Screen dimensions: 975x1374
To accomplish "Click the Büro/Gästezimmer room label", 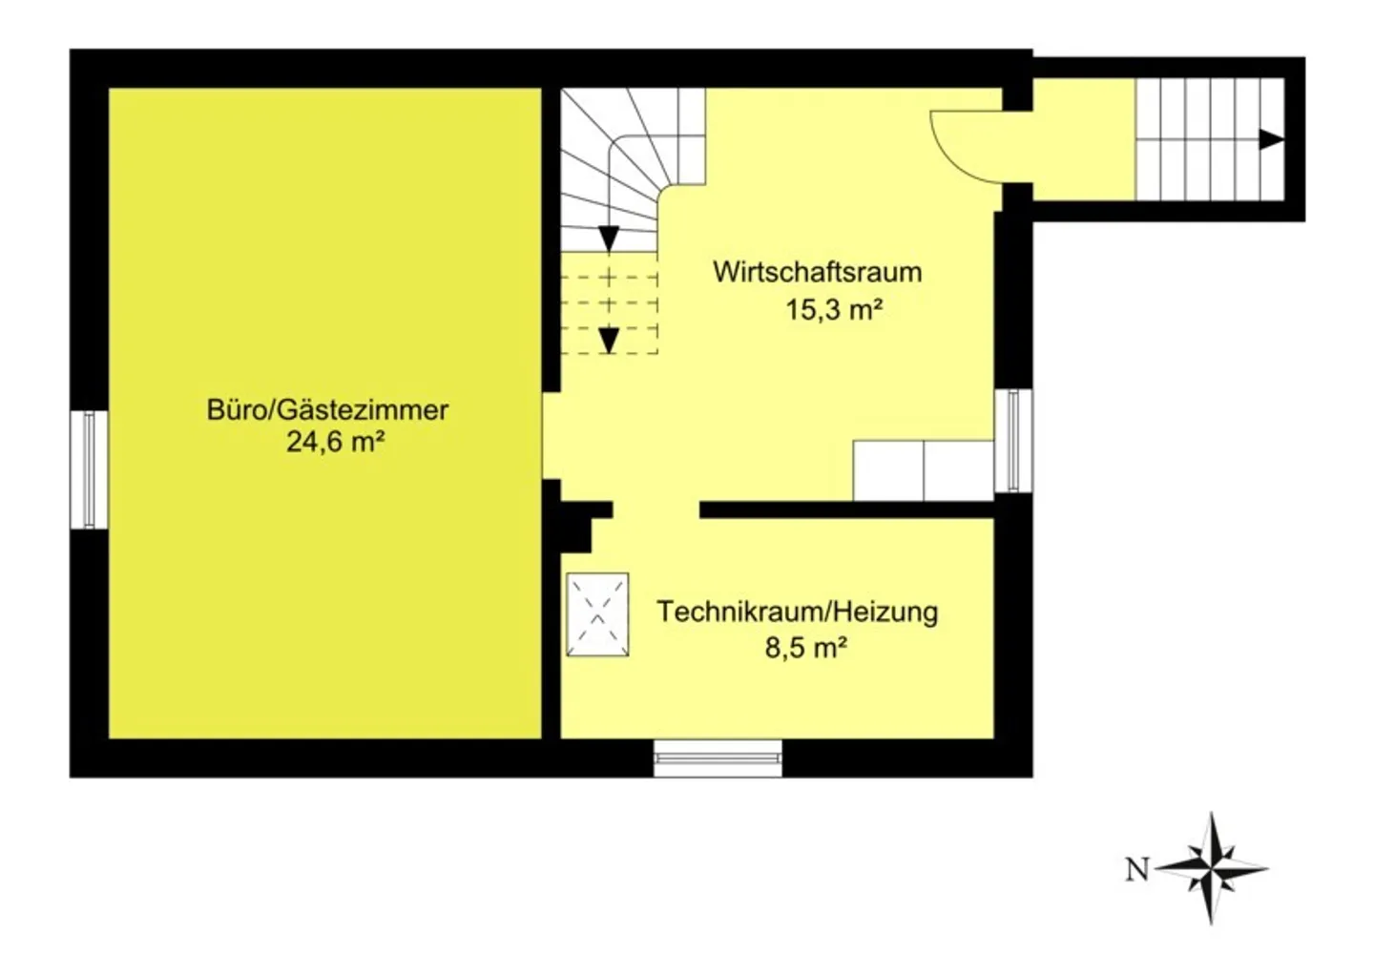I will point(327,410).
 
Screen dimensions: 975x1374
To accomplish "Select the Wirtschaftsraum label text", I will point(817,272).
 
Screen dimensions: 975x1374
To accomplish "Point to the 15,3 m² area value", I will point(833,310).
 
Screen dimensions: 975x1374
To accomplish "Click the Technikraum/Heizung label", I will point(797,612).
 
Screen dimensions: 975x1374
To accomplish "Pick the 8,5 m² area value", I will point(806,649).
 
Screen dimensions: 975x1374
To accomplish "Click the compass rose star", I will point(1211,868).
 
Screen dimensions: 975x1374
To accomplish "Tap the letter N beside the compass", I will point(1136,870).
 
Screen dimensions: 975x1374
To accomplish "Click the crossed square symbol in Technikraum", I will point(597,614).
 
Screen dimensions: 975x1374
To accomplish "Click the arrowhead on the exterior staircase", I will point(1271,140).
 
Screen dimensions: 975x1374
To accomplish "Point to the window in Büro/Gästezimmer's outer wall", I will point(89,468).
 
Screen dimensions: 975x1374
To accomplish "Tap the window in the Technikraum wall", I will point(718,758).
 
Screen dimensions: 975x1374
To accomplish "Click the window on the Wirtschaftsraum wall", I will point(1013,441).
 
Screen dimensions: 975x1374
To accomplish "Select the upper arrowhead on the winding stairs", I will point(609,239).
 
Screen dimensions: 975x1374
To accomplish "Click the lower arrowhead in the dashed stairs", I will point(609,340).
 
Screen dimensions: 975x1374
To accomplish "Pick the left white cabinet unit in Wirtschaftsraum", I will point(888,470).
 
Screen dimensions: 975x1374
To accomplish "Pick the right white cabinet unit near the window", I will point(959,470).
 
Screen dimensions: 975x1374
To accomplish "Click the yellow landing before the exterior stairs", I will point(1084,140).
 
